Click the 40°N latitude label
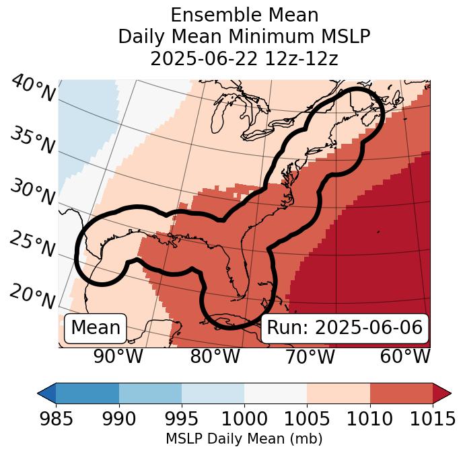pos(33,89)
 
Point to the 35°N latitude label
pos(32,140)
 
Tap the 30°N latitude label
pos(32,192)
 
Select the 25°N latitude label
pos(32,245)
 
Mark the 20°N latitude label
pos(32,296)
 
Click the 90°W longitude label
pos(118,357)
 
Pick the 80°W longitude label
pos(215,357)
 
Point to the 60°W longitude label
pos(405,357)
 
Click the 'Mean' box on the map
pos(96,328)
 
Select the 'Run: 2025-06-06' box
pos(345,328)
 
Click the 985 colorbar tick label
pos(56,419)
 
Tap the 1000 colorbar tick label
pos(244,419)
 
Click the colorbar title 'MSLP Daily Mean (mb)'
pos(244,440)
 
